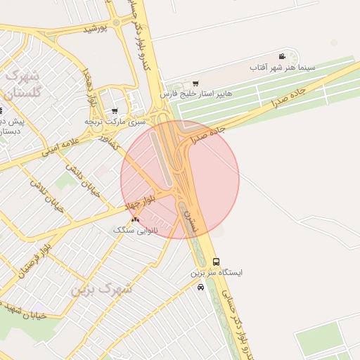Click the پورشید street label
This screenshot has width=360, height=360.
tap(94, 29)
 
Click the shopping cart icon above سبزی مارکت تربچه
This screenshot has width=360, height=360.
tap(115, 111)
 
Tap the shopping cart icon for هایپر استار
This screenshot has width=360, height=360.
tap(195, 83)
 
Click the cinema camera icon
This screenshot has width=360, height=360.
tap(281, 56)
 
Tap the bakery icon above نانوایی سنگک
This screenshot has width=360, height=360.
tap(135, 219)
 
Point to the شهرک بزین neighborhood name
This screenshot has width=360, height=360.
tap(101, 289)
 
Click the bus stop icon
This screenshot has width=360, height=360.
tap(215, 262)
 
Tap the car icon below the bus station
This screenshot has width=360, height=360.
tap(201, 286)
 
